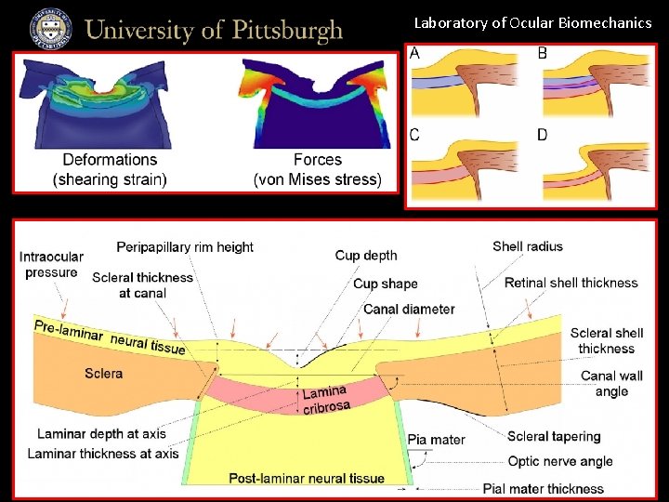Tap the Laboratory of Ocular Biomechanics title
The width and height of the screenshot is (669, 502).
click(532, 22)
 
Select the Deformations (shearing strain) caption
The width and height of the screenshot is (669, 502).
click(110, 170)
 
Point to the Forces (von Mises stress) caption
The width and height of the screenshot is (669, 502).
click(317, 170)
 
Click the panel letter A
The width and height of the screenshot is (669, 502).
click(414, 53)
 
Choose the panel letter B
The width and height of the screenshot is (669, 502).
click(542, 53)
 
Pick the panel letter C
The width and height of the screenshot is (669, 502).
click(414, 135)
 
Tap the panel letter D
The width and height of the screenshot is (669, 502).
click(542, 135)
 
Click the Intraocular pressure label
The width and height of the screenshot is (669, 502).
click(52, 265)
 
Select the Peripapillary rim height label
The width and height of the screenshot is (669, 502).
click(185, 246)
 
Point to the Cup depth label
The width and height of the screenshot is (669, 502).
click(366, 255)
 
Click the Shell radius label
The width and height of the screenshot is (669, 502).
click(528, 246)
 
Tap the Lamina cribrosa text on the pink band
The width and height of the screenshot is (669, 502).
click(325, 399)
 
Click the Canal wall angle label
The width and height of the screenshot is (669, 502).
click(610, 384)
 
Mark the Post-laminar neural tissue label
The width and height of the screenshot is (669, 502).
click(307, 478)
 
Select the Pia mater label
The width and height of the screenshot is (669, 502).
click(436, 439)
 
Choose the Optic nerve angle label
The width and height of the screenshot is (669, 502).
click(560, 461)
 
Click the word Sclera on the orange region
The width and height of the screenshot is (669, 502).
click(103, 374)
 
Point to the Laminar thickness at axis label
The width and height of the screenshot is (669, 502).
click(103, 454)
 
